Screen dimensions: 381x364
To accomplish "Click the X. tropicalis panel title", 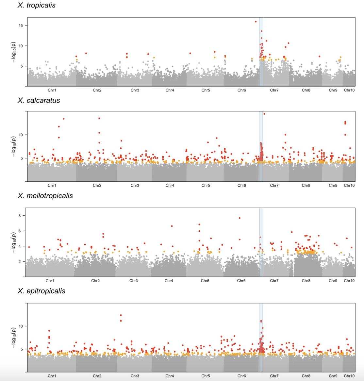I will coord(36,5).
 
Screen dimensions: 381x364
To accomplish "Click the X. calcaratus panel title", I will coord(39,100).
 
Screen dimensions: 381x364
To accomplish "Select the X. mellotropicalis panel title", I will coord(45,196).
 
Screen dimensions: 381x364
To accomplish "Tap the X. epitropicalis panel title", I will coord(41,291).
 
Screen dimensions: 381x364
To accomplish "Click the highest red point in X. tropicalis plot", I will coord(256,22).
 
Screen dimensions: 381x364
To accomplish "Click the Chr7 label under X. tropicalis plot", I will coord(274,90).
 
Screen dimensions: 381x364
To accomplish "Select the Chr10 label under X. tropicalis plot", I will coord(349,90).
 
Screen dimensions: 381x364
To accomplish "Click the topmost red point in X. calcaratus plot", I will coord(264,114).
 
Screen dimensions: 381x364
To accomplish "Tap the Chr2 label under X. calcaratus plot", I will coord(97,186).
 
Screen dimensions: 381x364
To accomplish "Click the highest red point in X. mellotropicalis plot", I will coord(240,218).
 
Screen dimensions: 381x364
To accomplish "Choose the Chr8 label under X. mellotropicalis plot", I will coord(306,281).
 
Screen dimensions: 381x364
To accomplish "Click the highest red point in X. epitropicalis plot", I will coord(121,315).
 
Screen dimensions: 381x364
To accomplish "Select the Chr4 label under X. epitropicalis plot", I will coord(170,376).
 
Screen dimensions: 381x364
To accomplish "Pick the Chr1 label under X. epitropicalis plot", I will coord(52,376).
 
